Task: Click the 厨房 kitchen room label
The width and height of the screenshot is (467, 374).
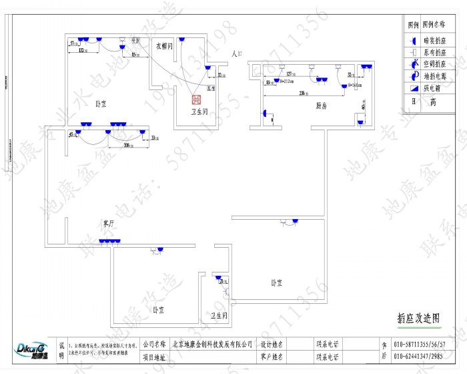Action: [x=320, y=106]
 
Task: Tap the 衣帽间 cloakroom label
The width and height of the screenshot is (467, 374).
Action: [x=165, y=47]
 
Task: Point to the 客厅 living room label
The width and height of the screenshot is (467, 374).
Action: [x=108, y=222]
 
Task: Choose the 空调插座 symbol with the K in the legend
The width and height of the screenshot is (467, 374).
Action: [x=414, y=63]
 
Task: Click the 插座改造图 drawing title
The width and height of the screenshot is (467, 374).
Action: [x=418, y=319]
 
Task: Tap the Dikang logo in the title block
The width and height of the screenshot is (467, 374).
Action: [x=31, y=350]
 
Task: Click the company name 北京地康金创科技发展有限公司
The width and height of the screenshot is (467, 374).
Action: [x=212, y=344]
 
